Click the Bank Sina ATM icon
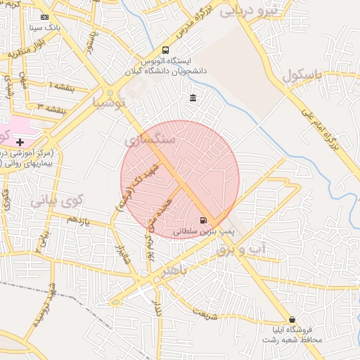pyautogui.click(x=45, y=17)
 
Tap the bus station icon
pyautogui.click(x=165, y=50)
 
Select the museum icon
pyautogui.click(x=193, y=98)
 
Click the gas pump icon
pyautogui.click(x=203, y=220)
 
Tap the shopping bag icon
pyautogui.click(x=292, y=320)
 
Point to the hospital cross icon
pyautogui.click(x=20, y=143)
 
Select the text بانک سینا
pyautogui.click(x=44, y=29)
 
